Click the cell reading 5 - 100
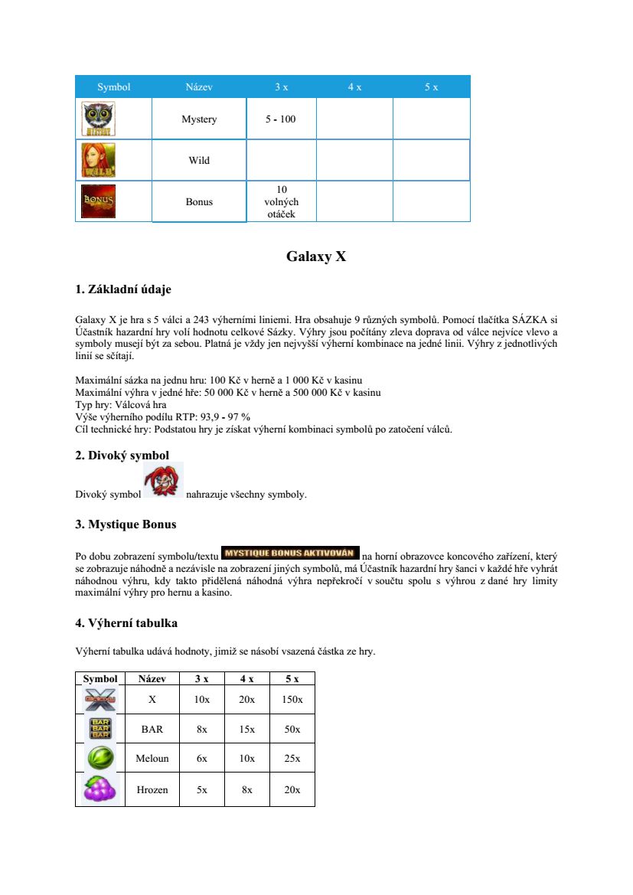point(280,119)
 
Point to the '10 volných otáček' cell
point(280,201)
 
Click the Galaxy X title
point(316,256)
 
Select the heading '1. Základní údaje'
point(123,289)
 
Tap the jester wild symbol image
point(163,482)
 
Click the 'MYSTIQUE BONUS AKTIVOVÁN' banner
point(290,553)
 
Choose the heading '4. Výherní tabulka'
point(126,623)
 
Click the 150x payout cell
point(292,700)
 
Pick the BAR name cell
point(152,730)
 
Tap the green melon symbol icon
point(100,759)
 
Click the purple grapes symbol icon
point(100,789)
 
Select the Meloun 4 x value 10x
point(246,759)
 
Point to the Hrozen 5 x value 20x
point(292,789)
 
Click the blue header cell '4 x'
point(354,87)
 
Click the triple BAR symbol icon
point(100,729)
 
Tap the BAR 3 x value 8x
point(201,730)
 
